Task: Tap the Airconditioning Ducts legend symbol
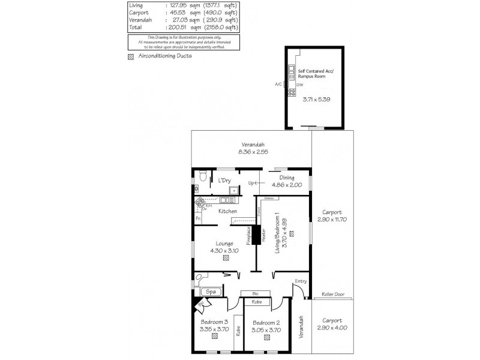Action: click(131, 58)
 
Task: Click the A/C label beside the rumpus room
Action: click(278, 85)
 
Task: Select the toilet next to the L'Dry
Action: click(203, 176)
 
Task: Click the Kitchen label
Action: click(227, 211)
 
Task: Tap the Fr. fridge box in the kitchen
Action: click(197, 218)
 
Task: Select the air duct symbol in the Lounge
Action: click(226, 259)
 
